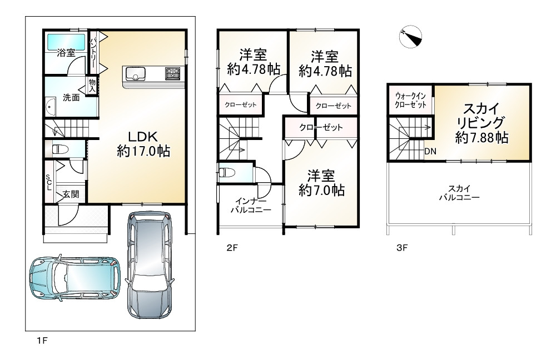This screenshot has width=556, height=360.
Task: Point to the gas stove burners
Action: coord(172,73)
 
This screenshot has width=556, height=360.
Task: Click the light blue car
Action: coord(75,278)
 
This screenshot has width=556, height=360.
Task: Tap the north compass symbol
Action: coord(410,37)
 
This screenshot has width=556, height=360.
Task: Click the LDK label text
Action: coord(142,137)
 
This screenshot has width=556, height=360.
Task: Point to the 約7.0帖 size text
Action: coord(321,190)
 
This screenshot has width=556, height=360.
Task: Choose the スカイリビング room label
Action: coord(481,116)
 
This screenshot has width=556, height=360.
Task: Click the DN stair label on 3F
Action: coord(430,151)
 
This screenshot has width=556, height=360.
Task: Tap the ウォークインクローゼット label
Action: coord(411,100)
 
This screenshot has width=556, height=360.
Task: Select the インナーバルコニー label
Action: coord(250,205)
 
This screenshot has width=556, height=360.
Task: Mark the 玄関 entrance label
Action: coord(71,194)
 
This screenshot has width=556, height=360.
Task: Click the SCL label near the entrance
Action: coord(48,182)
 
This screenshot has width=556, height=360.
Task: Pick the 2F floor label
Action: coord(232,248)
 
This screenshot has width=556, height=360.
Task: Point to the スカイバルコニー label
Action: coord(459,192)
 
